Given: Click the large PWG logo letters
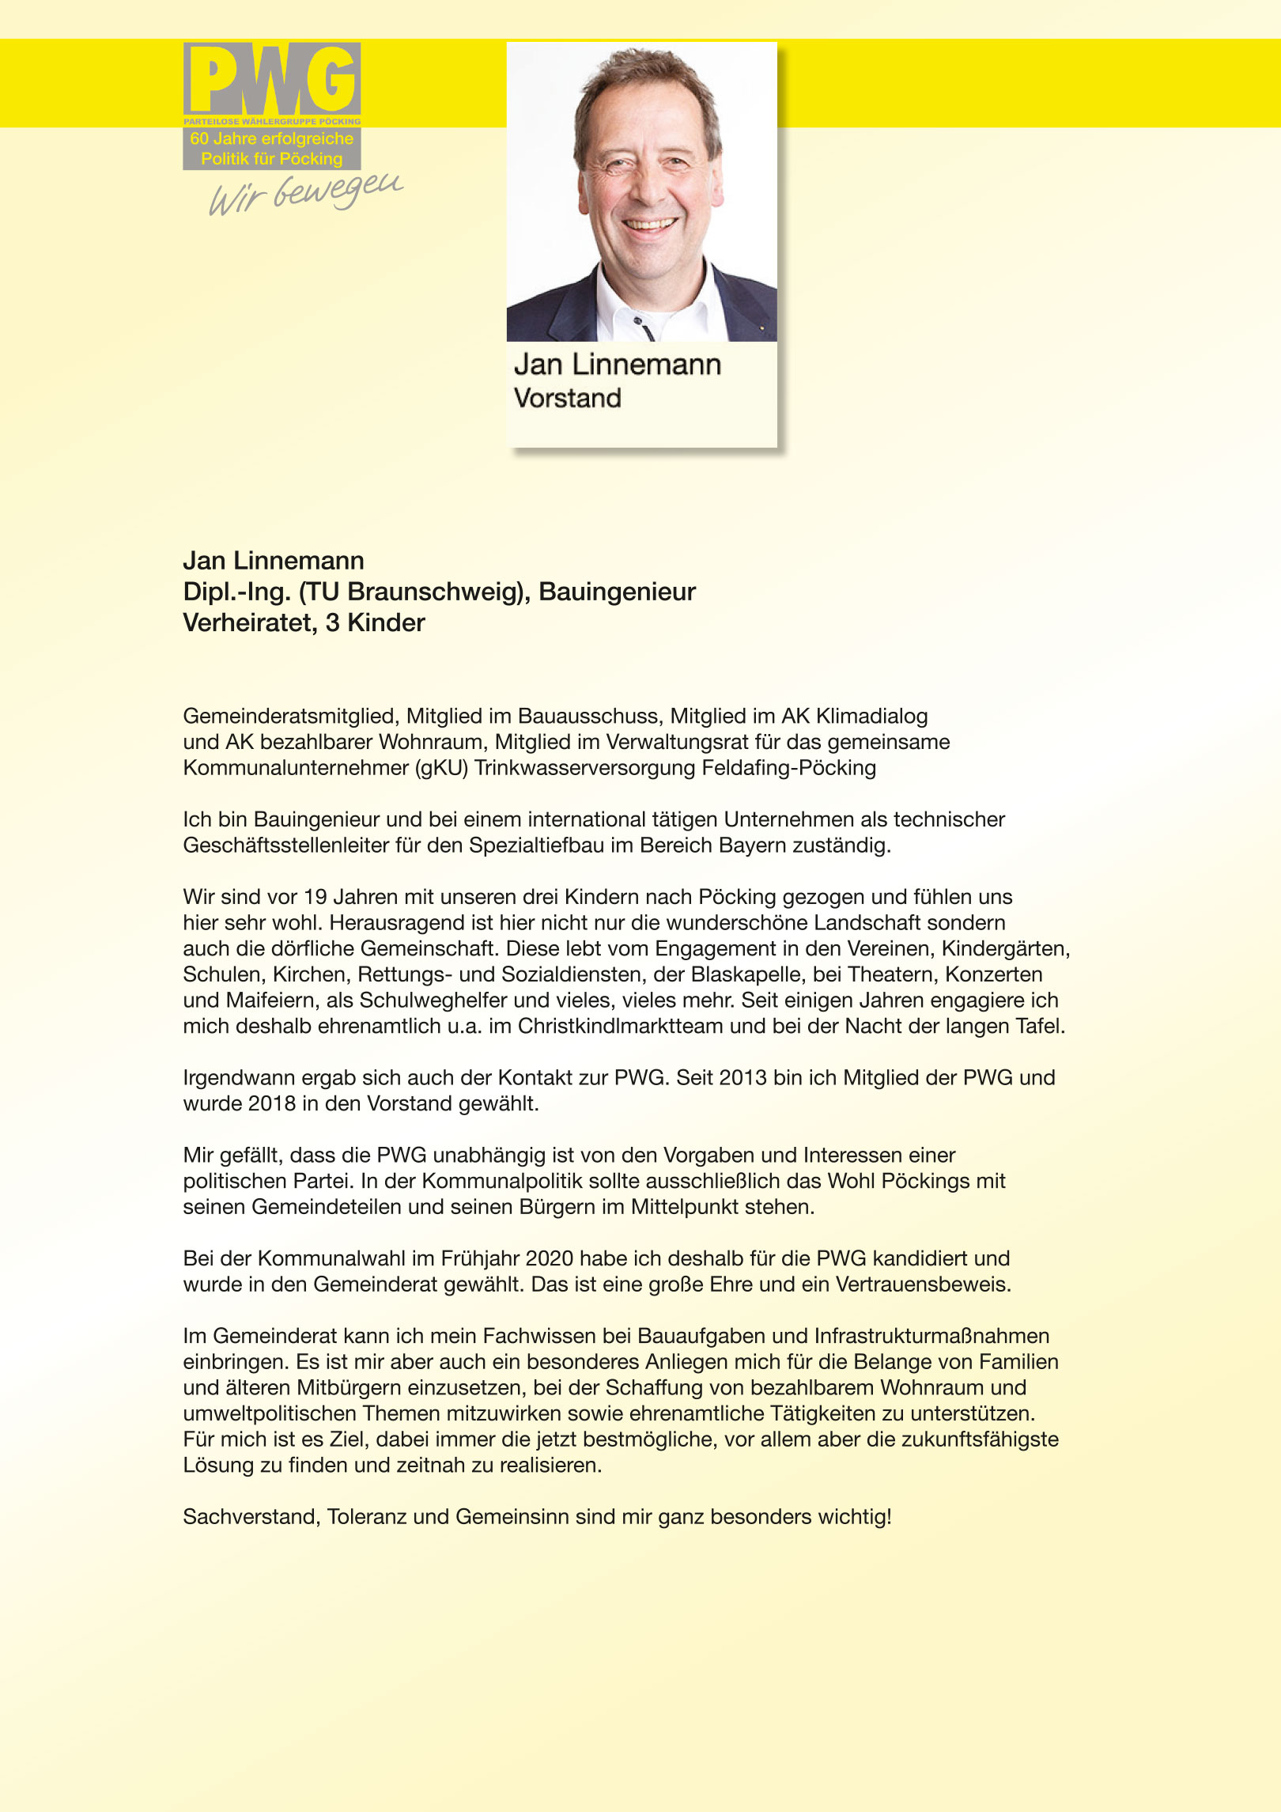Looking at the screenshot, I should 272,79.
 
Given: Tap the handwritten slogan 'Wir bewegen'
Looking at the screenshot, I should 305,193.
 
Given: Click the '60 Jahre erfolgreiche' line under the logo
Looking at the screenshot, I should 271,138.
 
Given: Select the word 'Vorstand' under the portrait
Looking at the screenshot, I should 567,398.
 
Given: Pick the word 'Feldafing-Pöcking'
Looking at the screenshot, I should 788,768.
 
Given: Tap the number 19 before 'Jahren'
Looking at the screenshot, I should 315,897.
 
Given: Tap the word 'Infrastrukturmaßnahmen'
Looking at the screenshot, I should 931,1337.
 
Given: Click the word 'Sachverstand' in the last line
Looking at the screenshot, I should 251,1517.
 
